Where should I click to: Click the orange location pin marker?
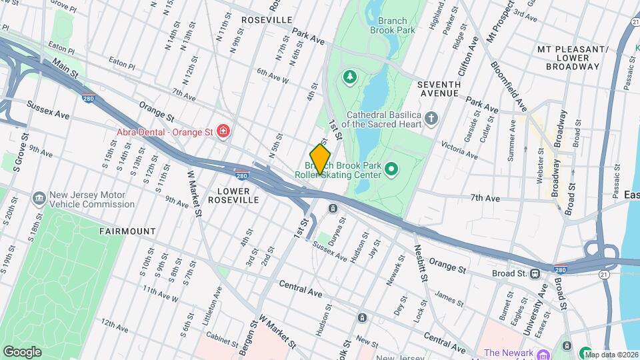coord(320,159)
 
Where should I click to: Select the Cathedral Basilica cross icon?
coord(432,119)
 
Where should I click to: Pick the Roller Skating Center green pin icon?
coord(392,170)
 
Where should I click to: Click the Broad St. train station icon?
coord(535,273)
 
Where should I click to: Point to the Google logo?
coord(23,351)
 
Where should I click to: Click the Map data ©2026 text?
coord(611,354)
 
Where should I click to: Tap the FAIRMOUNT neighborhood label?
coord(127,231)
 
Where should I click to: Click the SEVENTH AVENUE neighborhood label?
coord(439,89)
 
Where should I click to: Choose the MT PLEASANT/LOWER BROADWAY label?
coord(572,58)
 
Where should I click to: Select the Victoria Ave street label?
coord(459,150)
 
